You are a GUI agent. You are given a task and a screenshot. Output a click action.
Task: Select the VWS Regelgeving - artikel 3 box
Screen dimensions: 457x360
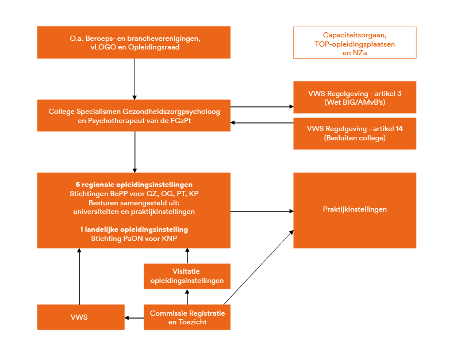(x=355, y=97)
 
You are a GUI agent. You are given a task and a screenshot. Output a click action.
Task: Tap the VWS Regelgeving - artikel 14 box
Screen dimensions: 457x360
(x=355, y=133)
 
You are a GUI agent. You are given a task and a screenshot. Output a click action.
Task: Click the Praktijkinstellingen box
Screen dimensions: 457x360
(x=355, y=210)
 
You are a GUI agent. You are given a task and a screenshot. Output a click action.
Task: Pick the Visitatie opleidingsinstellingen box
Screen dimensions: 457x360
(x=187, y=277)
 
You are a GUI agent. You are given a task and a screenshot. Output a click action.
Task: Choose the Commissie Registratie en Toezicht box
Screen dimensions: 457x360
(x=187, y=317)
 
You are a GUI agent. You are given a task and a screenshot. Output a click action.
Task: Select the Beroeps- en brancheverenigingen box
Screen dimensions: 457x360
(x=134, y=42)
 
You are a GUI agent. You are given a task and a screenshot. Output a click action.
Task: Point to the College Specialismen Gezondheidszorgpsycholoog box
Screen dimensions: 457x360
(x=134, y=116)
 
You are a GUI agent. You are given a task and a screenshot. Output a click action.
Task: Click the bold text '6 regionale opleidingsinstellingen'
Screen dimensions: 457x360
(x=134, y=185)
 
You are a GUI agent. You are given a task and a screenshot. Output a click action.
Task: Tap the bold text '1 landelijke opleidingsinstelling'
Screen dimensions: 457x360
(x=134, y=229)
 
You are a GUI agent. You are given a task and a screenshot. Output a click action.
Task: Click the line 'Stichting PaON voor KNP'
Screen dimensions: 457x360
(x=134, y=239)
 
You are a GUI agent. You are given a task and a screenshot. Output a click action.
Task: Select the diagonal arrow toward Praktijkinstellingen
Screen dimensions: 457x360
(x=259, y=267)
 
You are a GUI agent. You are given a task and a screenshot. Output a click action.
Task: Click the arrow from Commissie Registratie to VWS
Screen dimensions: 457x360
(x=134, y=317)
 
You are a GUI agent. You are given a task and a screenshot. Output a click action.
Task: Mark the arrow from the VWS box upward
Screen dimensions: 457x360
(x=79, y=277)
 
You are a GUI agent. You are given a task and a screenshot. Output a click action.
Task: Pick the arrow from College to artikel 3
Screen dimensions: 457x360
(x=262, y=107)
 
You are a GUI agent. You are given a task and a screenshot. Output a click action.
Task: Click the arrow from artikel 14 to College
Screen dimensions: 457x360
(x=262, y=122)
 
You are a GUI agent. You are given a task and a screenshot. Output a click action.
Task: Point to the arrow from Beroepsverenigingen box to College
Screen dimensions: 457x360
(x=135, y=79)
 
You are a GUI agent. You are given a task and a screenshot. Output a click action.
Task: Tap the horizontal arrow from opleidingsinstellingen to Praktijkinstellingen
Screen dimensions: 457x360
(x=262, y=211)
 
